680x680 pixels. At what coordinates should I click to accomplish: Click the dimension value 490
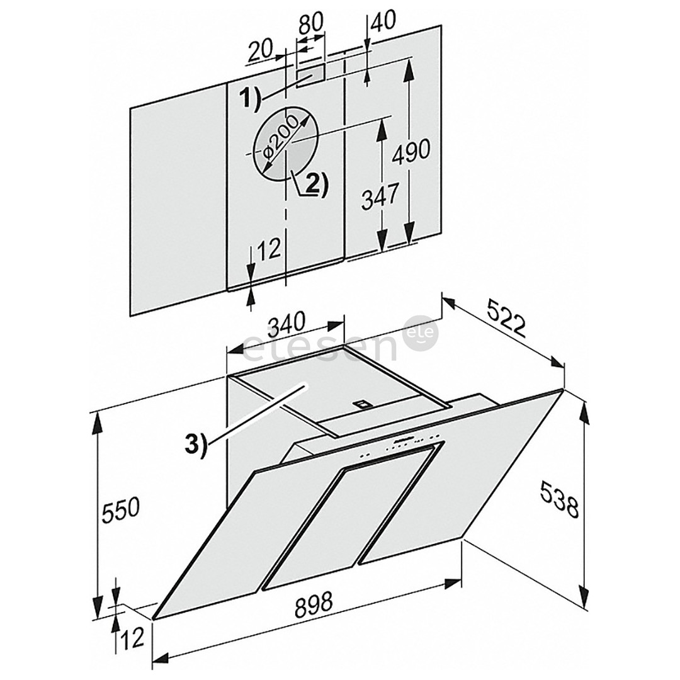pyautogui.click(x=411, y=150)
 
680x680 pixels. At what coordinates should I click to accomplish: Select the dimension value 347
pyautogui.click(x=378, y=196)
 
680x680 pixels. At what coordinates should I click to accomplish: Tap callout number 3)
pyautogui.click(x=197, y=445)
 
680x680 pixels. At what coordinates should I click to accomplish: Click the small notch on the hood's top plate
pyautogui.click(x=361, y=404)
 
